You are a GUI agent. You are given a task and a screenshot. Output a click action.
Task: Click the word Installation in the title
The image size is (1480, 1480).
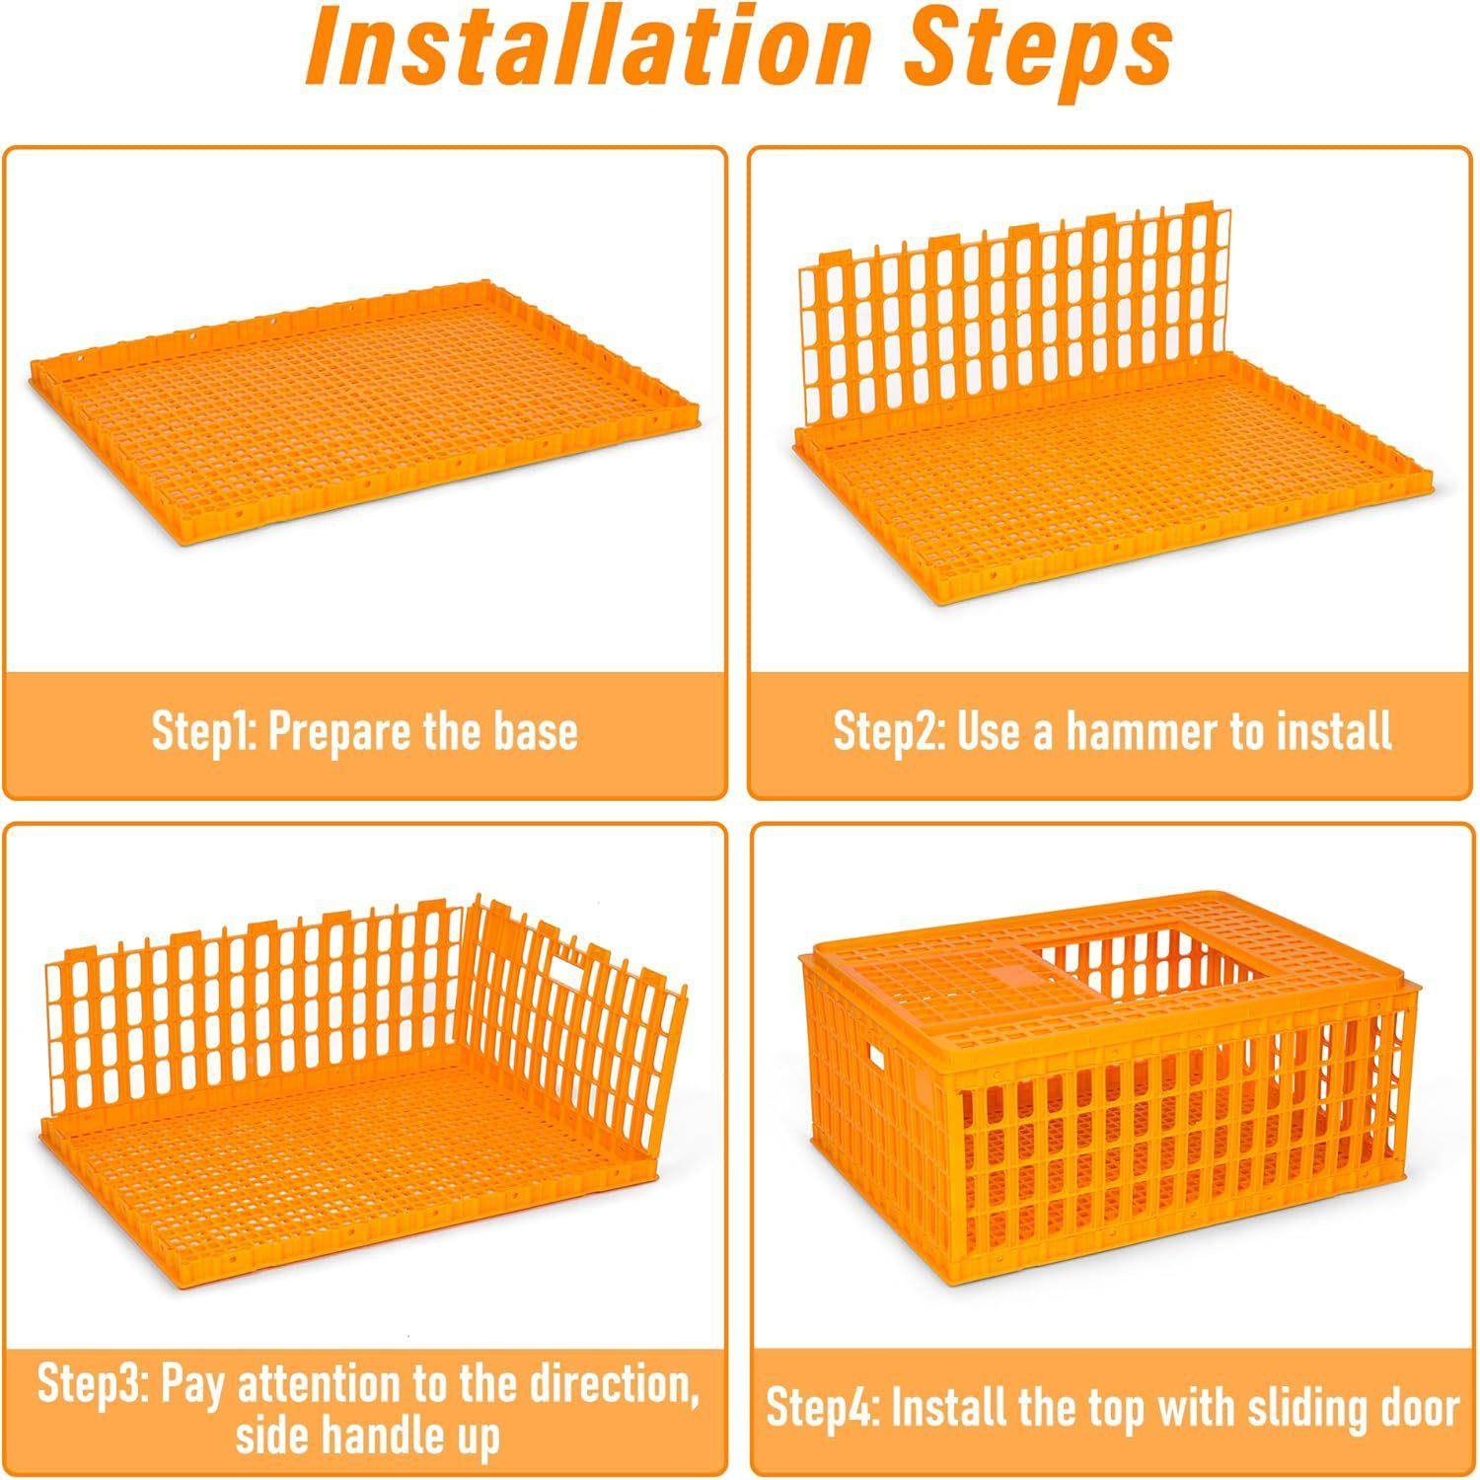(x=588, y=47)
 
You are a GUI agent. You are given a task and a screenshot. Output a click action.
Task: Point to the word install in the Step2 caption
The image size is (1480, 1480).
(x=1335, y=731)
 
